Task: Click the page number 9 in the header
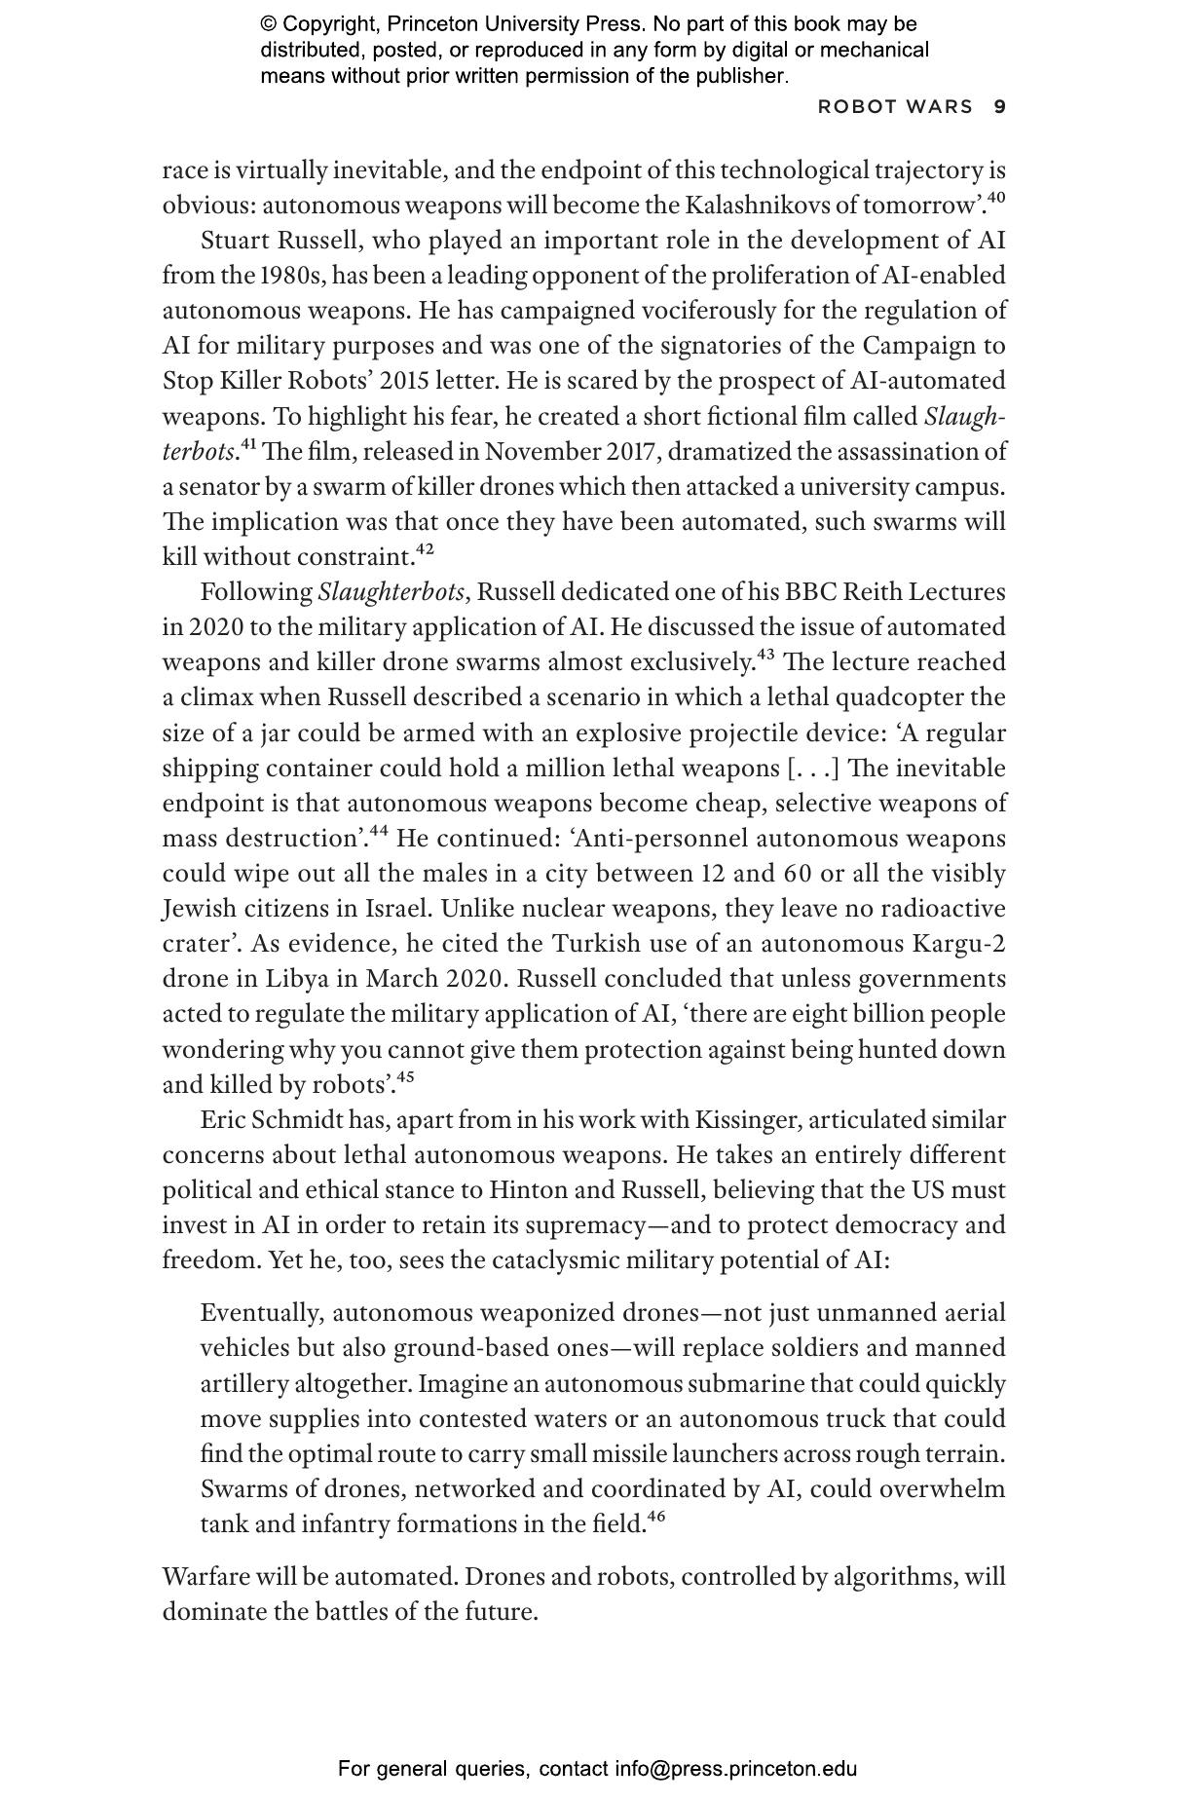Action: tap(999, 107)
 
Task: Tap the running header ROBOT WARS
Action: tap(895, 107)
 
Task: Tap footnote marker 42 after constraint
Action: tap(425, 549)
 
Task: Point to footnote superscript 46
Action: tap(656, 1517)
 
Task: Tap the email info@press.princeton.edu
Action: tap(735, 1769)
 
